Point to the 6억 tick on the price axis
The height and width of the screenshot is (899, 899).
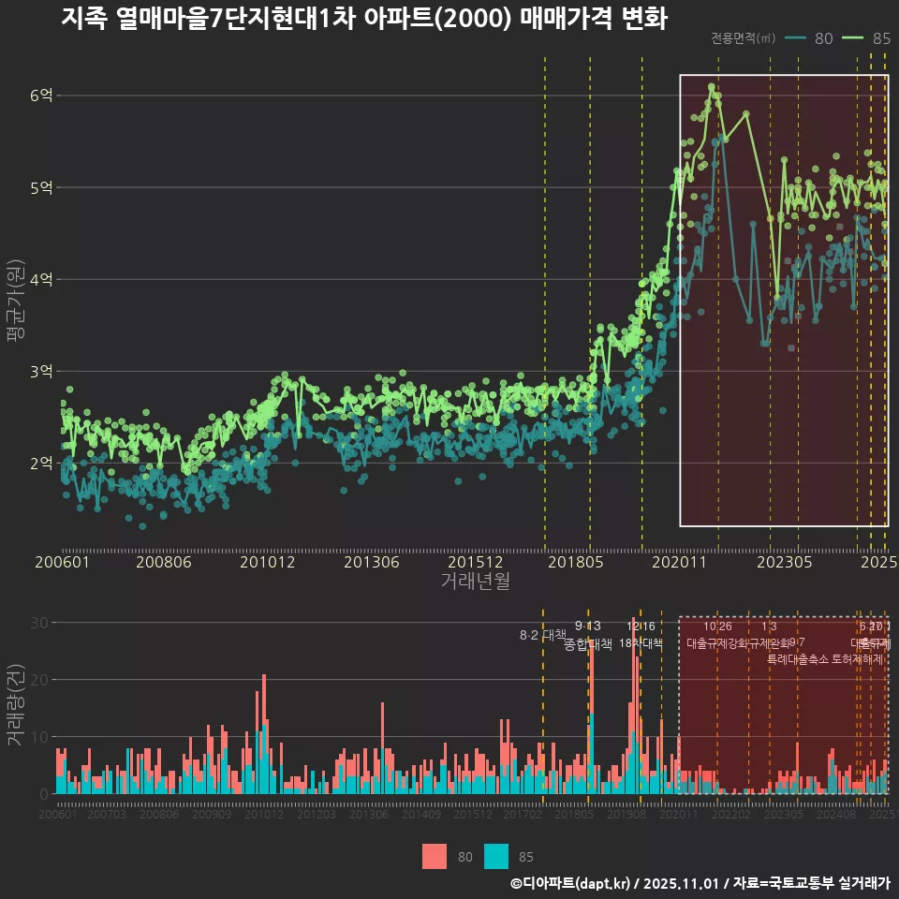[x=42, y=96]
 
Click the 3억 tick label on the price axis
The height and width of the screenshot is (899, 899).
[x=42, y=372]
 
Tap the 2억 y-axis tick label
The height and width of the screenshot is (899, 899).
[x=42, y=464]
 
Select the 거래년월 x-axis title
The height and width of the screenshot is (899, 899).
[x=475, y=582]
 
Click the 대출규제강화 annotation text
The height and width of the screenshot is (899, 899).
[x=717, y=643]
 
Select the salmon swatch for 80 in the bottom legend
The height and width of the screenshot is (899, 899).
[x=435, y=856]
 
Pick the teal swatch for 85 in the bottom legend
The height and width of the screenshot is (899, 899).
[x=496, y=856]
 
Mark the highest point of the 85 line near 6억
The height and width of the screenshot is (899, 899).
[x=713, y=87]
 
